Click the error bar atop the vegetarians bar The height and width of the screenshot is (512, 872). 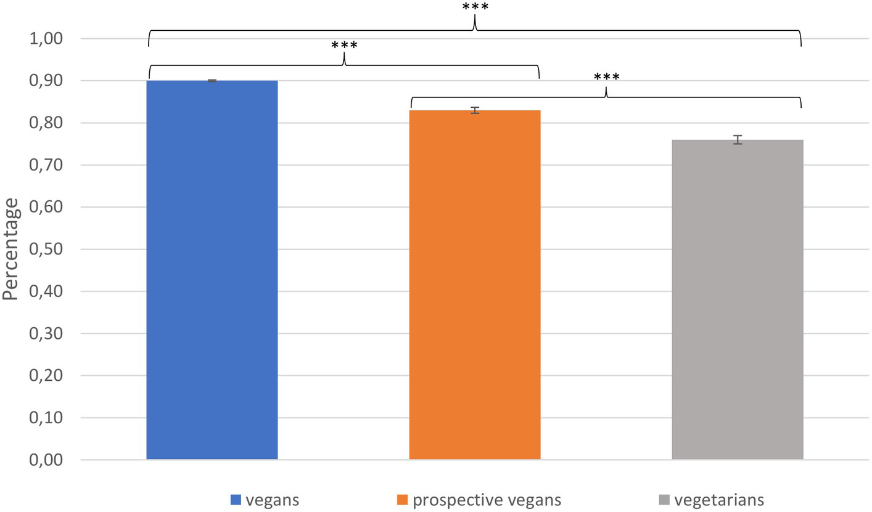738,140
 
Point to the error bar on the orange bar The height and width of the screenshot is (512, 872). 475,110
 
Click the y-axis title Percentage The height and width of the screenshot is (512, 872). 10,249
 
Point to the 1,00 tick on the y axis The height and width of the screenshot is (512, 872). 46,39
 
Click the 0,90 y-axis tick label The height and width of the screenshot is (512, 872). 46,81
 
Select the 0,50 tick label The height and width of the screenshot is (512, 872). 46,250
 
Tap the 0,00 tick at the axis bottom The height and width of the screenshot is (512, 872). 46,460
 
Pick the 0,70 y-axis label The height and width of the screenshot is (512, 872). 46,165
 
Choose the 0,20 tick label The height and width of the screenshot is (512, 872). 46,376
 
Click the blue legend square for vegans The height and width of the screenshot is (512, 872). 236,499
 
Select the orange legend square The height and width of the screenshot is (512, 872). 402,499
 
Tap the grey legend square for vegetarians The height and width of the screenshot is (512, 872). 664,499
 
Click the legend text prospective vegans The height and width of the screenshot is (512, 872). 487,499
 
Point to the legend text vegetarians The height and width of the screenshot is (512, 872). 719,499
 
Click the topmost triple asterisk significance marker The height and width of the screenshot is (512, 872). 475,7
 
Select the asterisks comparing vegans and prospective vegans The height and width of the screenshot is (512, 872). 344,46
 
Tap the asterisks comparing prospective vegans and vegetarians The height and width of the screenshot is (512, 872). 606,78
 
